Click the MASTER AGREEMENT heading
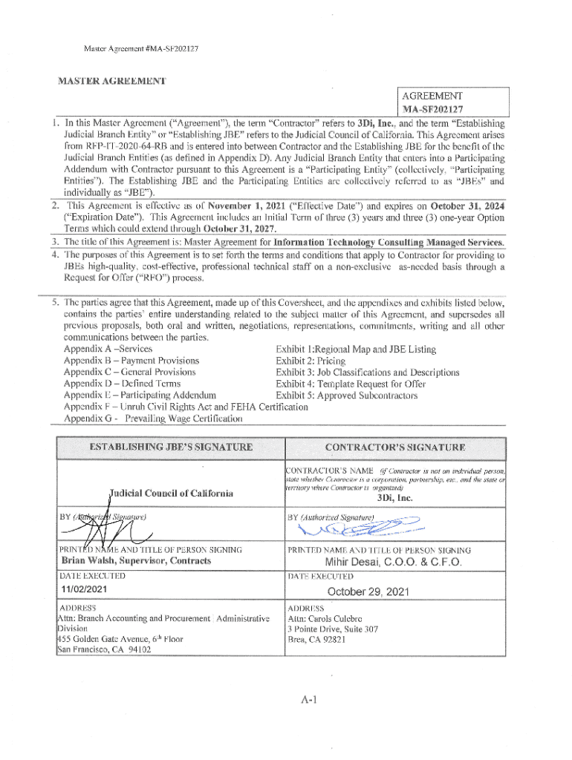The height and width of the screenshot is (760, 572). click(112, 80)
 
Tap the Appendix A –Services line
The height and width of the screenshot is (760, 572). click(108, 350)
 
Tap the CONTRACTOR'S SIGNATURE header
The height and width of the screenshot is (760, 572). click(395, 447)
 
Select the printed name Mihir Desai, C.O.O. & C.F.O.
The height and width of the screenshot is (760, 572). click(394, 562)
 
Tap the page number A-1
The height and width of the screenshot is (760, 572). click(311, 698)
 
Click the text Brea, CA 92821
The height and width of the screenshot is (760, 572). click(316, 640)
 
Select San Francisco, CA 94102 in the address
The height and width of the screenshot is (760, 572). click(105, 650)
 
